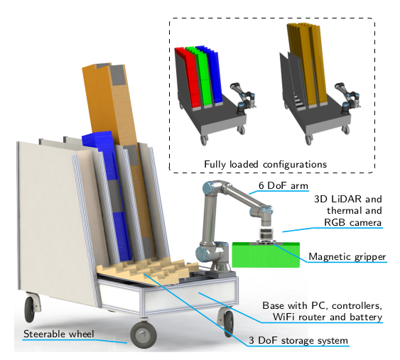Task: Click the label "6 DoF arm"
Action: [283, 185]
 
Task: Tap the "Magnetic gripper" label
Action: [347, 256]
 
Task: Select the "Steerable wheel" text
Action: [59, 334]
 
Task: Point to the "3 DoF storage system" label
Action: [298, 340]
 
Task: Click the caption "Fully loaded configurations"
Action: [265, 164]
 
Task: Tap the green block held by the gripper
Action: [266, 255]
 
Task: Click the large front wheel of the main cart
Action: [144, 334]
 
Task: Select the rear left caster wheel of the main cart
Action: [30, 309]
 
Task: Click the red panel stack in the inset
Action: [189, 78]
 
